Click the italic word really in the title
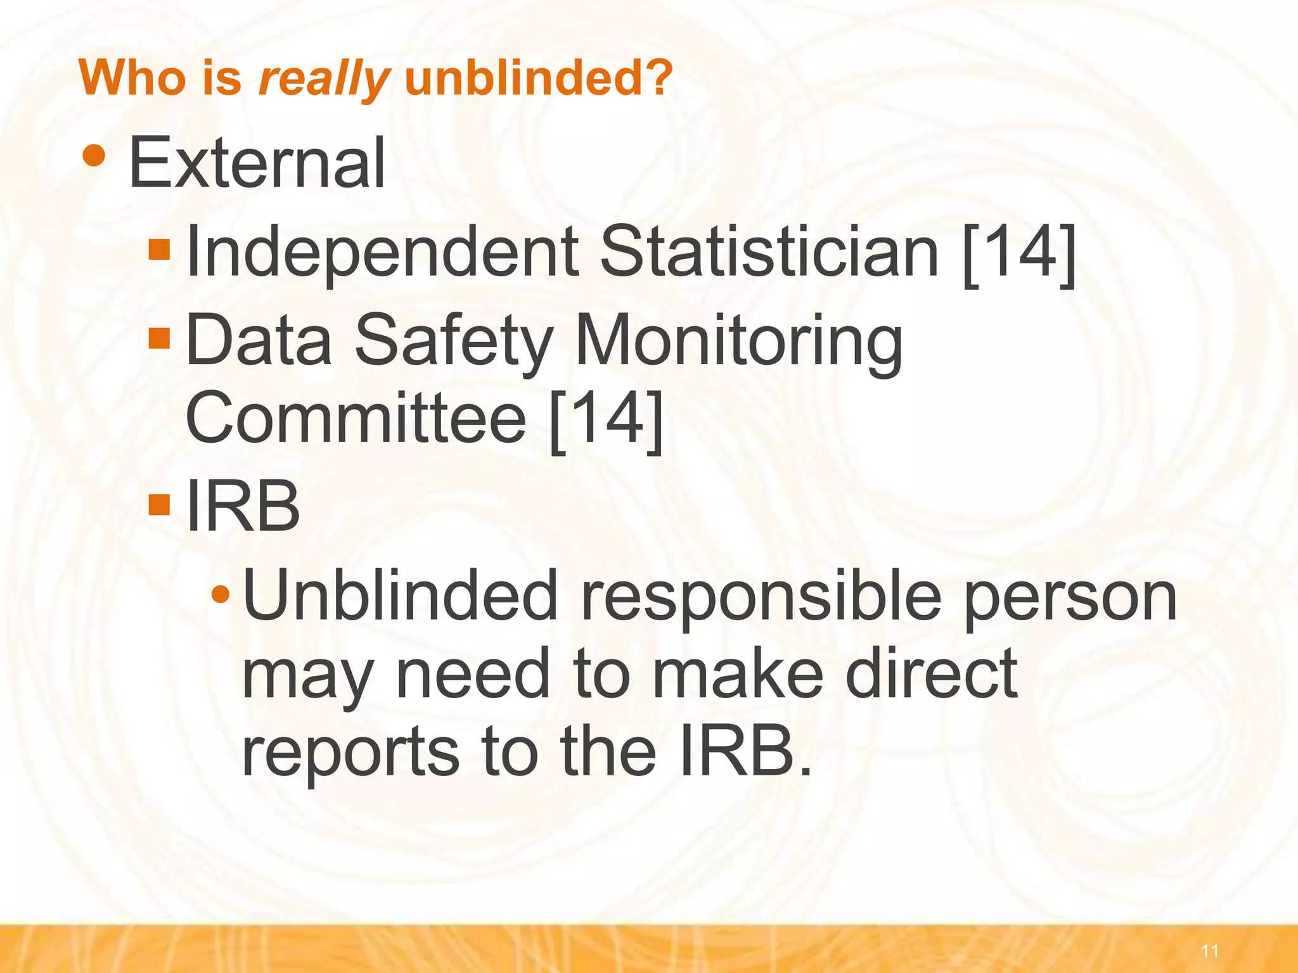click(x=323, y=79)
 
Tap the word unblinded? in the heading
click(x=537, y=77)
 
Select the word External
click(x=257, y=163)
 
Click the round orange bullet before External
click(x=94, y=156)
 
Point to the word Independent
click(x=382, y=252)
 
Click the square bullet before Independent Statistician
click(x=159, y=250)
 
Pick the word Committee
click(x=356, y=418)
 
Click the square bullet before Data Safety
click(x=159, y=338)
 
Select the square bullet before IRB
click(x=159, y=505)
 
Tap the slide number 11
click(x=1209, y=950)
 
